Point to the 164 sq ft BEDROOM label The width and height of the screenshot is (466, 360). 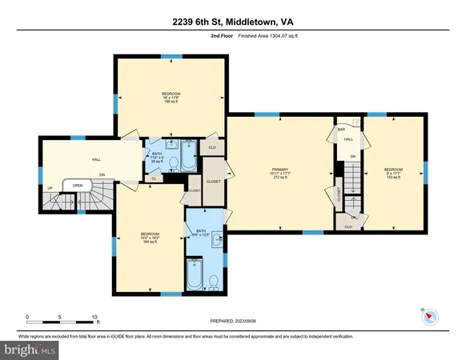click(149, 237)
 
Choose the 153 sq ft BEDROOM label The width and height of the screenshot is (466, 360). click(393, 173)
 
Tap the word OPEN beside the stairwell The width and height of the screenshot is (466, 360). click(78, 185)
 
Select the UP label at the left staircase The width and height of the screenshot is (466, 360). click(50, 188)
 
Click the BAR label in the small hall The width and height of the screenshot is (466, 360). click(340, 129)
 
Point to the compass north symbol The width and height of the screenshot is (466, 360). click(429, 315)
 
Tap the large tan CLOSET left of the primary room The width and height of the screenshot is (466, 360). click(213, 181)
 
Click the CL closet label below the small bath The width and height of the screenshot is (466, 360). click(153, 178)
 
